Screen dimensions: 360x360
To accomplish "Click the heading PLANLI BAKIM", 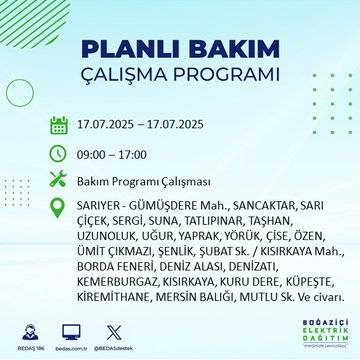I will pyautogui.click(x=179, y=50).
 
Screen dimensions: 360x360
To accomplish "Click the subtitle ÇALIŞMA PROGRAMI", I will pyautogui.click(x=179, y=78).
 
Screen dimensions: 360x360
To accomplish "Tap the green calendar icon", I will pyautogui.click(x=59, y=125).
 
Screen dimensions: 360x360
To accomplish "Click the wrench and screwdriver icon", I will pyautogui.click(x=59, y=181).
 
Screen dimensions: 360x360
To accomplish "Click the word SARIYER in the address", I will pyautogui.click(x=100, y=205).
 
